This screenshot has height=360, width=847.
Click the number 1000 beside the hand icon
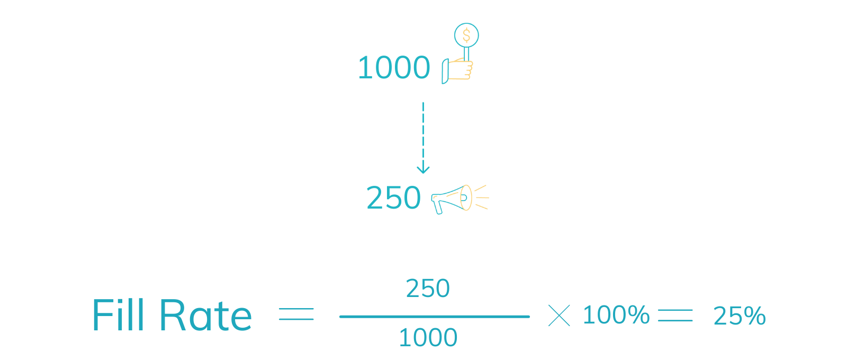pyautogui.click(x=394, y=68)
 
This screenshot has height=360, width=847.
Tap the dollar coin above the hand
pyautogui.click(x=466, y=35)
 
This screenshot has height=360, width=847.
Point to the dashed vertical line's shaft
pyautogui.click(x=422, y=132)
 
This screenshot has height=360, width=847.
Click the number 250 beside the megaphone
pyautogui.click(x=393, y=198)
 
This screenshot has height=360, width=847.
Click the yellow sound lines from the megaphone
pyautogui.click(x=481, y=197)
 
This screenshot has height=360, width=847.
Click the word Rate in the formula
pyautogui.click(x=205, y=316)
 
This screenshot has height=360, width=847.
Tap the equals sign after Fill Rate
pyautogui.click(x=296, y=313)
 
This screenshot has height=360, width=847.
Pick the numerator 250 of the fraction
pyautogui.click(x=428, y=289)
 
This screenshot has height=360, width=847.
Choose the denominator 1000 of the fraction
pyautogui.click(x=428, y=338)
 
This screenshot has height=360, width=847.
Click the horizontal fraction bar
pyautogui.click(x=434, y=317)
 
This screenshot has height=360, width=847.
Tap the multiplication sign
pyautogui.click(x=559, y=316)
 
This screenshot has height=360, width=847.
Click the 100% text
pyautogui.click(x=616, y=315)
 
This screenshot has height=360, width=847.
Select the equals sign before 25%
pyautogui.click(x=675, y=316)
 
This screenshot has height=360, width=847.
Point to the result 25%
pyautogui.click(x=739, y=316)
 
